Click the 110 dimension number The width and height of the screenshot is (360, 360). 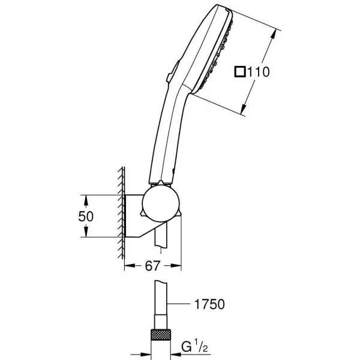tap(258, 72)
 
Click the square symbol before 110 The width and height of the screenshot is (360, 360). tap(240, 72)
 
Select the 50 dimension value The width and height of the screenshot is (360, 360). tap(86, 216)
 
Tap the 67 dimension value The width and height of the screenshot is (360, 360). tap(152, 266)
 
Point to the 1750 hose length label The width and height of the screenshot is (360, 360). tap(209, 304)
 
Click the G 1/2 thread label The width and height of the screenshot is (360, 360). tap(194, 347)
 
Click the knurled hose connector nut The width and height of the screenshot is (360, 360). tap(161, 335)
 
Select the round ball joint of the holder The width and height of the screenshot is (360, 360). tap(160, 204)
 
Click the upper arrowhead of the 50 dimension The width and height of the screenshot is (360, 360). tap(86, 200)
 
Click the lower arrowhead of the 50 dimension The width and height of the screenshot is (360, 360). tap(86, 232)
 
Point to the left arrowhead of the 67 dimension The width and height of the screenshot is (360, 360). tap(130, 266)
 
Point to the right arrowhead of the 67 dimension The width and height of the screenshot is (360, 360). tap(176, 266)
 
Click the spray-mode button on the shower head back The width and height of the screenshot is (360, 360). tap(173, 71)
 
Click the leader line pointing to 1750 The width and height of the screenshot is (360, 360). tap(179, 304)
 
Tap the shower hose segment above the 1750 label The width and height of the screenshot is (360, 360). tap(161, 298)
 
